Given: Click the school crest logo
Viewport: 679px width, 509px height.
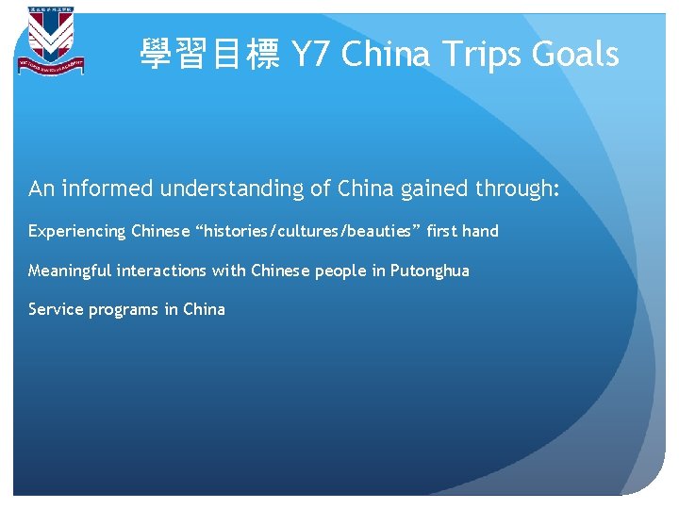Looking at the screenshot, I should [x=49, y=41].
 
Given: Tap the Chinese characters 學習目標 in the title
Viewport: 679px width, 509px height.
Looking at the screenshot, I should [x=209, y=54].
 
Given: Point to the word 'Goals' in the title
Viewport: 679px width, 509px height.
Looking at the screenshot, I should [x=575, y=54].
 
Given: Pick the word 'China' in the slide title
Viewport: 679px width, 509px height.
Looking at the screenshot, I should [x=385, y=54].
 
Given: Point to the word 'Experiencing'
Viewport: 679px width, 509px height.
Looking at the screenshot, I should [x=77, y=231].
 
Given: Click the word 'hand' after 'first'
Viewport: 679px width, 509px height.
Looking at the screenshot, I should [x=480, y=231].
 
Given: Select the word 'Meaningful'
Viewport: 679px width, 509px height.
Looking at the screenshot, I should [x=71, y=271].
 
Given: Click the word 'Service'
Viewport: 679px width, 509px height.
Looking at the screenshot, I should [x=56, y=309].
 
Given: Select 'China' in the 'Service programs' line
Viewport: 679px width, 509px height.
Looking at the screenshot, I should [x=205, y=309].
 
